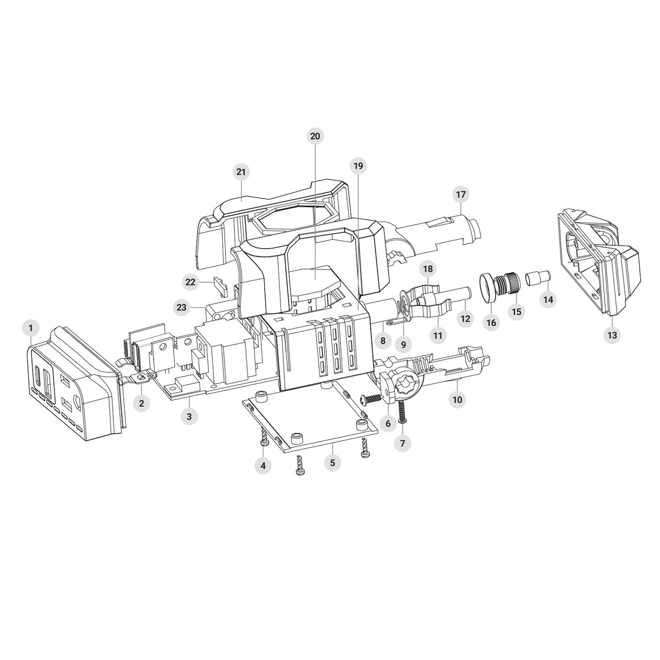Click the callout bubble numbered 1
point(31,328)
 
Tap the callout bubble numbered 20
point(315,136)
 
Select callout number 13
point(612,335)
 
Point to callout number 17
point(461,194)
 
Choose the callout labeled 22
point(190,282)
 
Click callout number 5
point(332,463)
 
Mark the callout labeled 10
point(457,399)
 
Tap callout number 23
point(182,307)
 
